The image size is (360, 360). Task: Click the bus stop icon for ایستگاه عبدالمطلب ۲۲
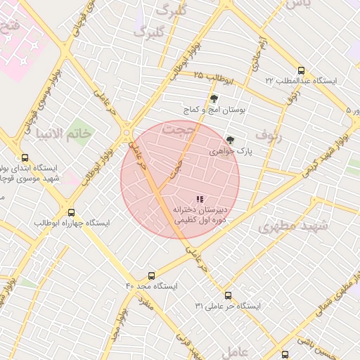coord(302,70)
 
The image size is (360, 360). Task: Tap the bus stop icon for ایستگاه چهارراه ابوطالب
coord(71,212)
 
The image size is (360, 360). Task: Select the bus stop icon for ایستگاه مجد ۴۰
coord(151,276)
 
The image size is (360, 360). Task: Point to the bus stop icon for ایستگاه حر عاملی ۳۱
coord(228,295)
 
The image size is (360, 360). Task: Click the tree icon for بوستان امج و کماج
coord(214,99)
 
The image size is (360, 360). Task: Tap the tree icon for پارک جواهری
coord(229,140)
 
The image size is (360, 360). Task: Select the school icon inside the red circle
coord(200,199)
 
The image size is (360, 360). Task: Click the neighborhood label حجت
coord(176,129)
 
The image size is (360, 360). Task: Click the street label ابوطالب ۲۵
coord(208,75)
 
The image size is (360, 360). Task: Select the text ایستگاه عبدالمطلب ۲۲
coord(301,82)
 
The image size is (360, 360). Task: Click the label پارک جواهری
coord(230,151)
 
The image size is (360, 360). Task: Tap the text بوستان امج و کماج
coord(214,110)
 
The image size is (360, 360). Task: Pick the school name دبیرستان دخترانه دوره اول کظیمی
coord(201,214)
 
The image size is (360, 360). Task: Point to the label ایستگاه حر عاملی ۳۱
coord(228,307)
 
